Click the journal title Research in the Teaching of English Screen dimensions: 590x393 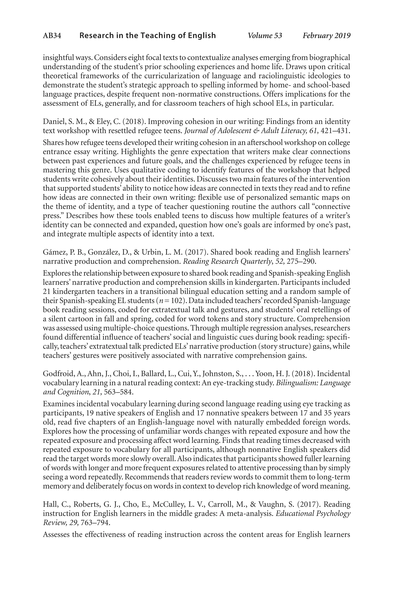147,35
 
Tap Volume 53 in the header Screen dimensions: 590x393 265,35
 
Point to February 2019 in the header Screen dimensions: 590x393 326,35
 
